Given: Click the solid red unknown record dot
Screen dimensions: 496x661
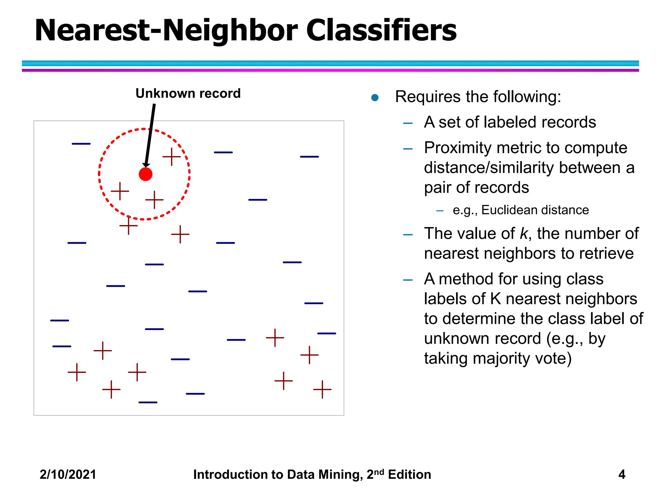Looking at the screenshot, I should click(x=146, y=174).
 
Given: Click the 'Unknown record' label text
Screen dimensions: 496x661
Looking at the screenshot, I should click(x=188, y=93).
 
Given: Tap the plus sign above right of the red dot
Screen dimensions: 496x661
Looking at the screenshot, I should click(x=171, y=157).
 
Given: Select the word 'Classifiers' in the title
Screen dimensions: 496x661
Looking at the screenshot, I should click(x=381, y=30).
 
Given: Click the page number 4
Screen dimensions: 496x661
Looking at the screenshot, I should click(x=622, y=474).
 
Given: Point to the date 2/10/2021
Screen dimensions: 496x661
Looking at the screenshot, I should click(x=68, y=474).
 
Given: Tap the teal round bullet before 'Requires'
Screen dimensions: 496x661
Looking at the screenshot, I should click(x=375, y=98).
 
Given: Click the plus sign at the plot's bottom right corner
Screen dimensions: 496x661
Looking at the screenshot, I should click(x=322, y=389).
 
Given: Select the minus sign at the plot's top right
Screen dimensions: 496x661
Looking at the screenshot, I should click(x=309, y=157).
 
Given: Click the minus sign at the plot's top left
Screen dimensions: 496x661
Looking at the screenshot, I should click(x=81, y=144).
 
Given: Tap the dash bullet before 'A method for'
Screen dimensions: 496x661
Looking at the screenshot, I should click(x=408, y=280).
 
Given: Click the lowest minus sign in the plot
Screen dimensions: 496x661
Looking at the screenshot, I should click(x=148, y=402).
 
